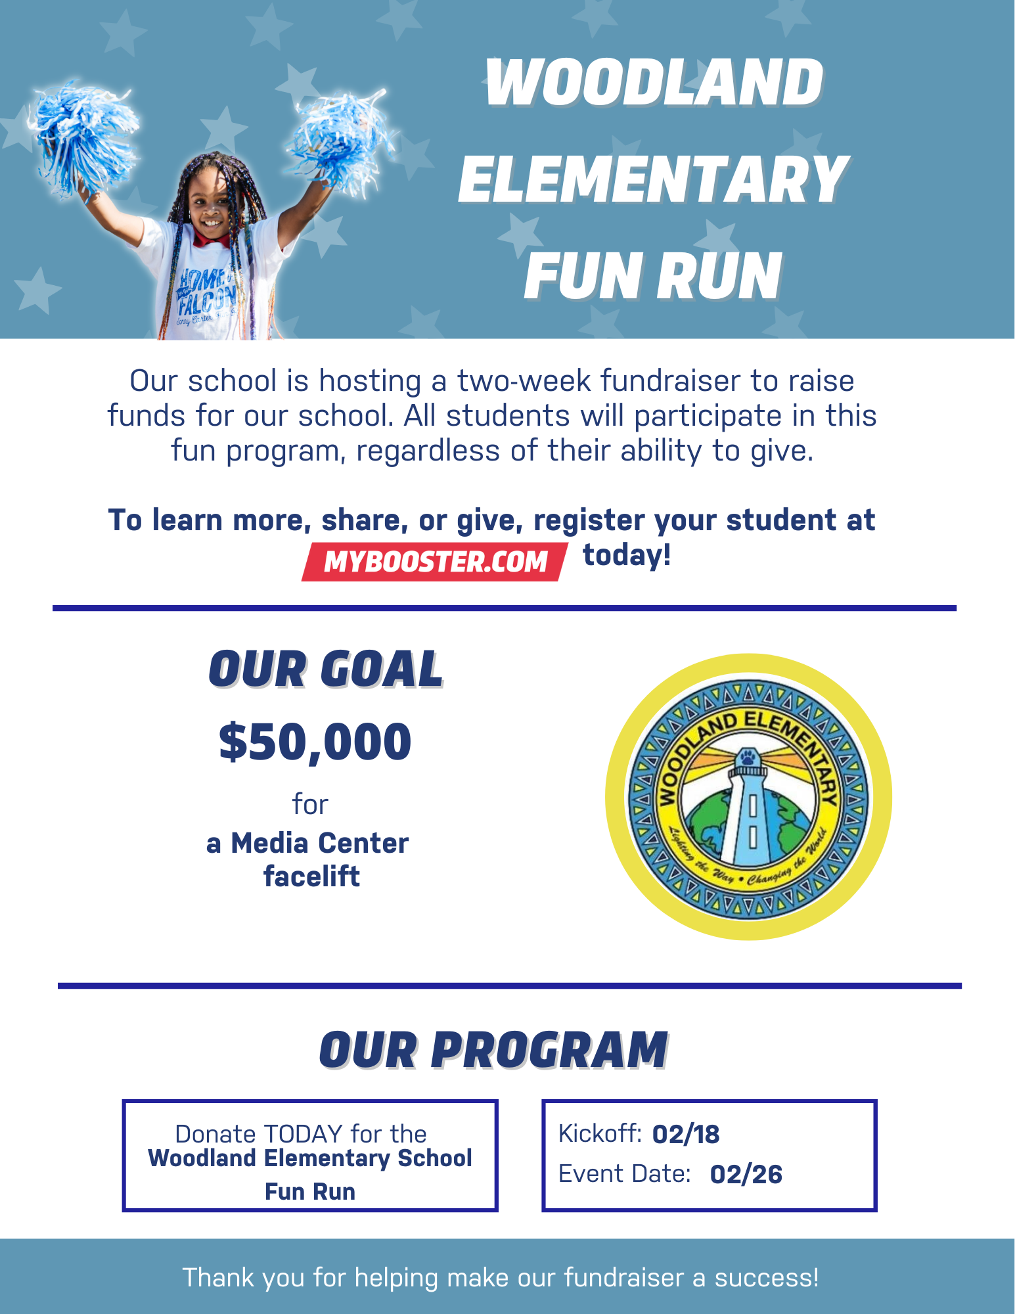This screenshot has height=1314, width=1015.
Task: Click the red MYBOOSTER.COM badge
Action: pos(434,562)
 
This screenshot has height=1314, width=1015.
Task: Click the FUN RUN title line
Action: pos(653,277)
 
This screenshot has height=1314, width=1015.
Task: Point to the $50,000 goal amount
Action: pos(315,742)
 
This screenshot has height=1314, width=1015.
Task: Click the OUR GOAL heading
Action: pos(326,669)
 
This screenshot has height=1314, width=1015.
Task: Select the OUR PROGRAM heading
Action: pos(493,1050)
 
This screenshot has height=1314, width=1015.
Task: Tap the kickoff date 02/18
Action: pos(686,1135)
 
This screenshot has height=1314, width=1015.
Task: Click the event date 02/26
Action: pos(746,1175)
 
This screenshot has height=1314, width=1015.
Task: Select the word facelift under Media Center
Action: pos(311,876)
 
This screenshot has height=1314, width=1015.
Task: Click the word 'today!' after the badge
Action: pos(627,555)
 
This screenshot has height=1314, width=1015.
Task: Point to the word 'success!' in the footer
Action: pos(767,1278)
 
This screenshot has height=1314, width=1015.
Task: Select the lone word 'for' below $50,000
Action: pos(310,804)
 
